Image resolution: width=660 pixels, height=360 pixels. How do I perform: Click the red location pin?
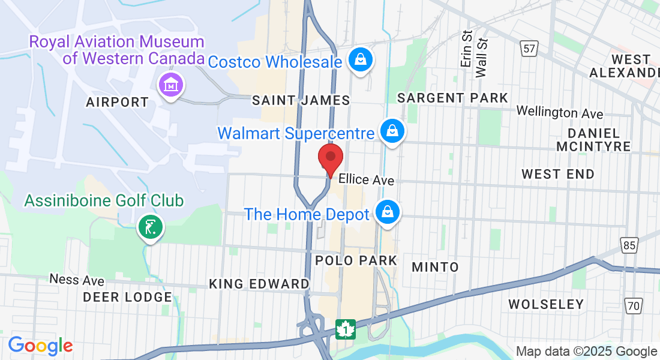330,158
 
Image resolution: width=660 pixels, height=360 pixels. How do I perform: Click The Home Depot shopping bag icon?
388,212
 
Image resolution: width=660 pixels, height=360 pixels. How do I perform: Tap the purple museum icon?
171,85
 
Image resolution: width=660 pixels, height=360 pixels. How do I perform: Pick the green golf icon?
150,227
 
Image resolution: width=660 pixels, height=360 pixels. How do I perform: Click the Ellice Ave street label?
366,180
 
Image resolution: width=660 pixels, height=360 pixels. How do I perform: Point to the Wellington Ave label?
560,112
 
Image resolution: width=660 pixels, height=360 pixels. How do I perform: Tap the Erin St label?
466,50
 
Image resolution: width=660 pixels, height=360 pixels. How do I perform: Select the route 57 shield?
529,49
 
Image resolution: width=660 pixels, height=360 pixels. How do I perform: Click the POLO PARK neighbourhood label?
356,260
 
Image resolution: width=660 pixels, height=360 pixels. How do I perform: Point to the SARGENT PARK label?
452,98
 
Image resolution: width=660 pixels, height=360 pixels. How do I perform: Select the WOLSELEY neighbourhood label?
546,304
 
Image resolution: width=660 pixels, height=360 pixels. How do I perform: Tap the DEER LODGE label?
127,297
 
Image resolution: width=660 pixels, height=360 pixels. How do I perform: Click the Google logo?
40,346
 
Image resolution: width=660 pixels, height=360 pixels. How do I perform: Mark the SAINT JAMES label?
301,100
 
